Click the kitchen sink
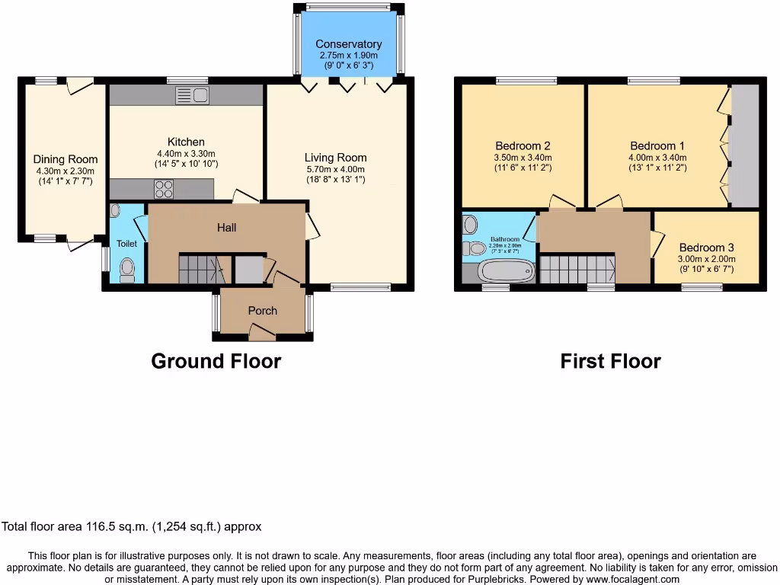192,95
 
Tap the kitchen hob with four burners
163,188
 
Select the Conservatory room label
348,44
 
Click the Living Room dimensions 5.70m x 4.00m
336,169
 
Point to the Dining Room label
66,159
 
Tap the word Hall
226,227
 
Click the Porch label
263,310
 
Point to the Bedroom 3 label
707,248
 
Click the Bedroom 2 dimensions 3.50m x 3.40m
523,158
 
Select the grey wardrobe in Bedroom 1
745,145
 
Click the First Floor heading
610,360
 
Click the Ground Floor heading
216,360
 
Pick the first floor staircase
578,268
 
